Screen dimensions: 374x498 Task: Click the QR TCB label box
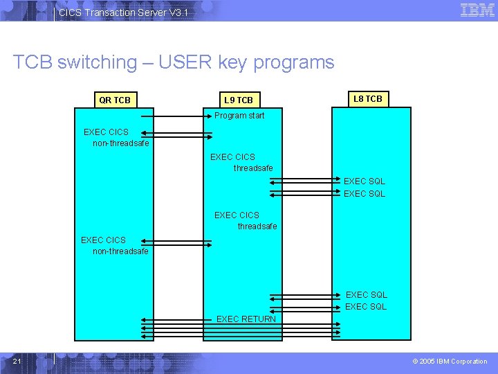pos(114,100)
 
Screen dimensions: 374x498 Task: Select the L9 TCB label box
pos(239,100)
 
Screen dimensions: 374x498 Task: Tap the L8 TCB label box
pos(367,99)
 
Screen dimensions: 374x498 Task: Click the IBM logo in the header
pos(477,10)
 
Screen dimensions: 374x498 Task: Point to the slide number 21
pos(17,362)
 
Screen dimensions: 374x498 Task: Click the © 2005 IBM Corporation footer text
pos(450,362)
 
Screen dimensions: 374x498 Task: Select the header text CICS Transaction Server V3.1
pos(122,12)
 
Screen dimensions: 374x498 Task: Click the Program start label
pos(239,116)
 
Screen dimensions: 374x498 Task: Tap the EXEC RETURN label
pos(246,319)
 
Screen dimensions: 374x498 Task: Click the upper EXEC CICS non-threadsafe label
pos(114,137)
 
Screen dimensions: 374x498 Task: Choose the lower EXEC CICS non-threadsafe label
pos(114,246)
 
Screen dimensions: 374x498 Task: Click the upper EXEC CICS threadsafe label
pos(242,162)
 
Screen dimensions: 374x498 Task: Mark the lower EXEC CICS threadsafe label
pos(246,220)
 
